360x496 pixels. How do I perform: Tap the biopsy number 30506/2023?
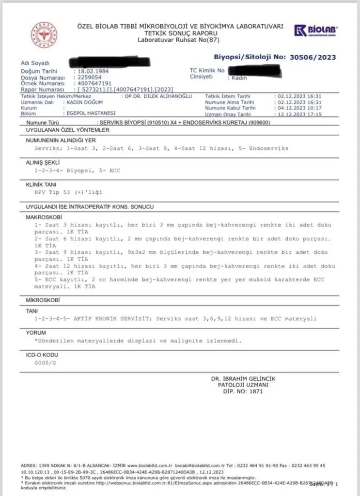(313, 57)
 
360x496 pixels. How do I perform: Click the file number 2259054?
(87, 77)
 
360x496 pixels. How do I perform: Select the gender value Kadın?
(239, 78)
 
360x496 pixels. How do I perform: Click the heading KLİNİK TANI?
(42, 185)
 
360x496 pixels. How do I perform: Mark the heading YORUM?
(36, 333)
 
